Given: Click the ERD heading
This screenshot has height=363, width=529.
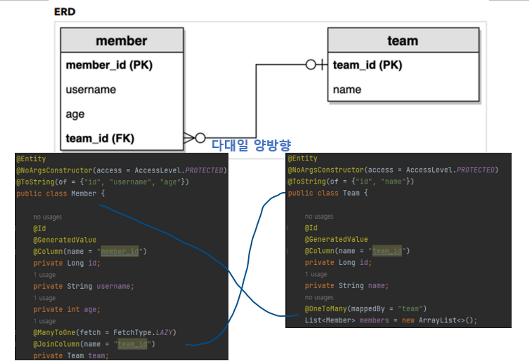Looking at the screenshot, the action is coord(65,12).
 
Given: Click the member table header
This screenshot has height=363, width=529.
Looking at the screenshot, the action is coord(122,40).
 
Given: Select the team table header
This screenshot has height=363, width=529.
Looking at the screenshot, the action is coord(403,40).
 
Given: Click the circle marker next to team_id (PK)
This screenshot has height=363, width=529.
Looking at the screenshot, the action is coord(311,65).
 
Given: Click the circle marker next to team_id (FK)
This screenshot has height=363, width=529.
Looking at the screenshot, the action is coord(200,138).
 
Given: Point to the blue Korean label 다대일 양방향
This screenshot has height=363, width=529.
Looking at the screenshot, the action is coord(251,145).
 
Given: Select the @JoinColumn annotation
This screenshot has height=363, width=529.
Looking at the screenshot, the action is coord(57,344).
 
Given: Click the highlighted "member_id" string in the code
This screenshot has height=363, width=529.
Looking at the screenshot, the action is coord(120,251).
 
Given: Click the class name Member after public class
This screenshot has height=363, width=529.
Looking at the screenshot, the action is coord(84,193).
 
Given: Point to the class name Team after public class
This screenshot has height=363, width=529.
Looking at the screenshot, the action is coord(351,193).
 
